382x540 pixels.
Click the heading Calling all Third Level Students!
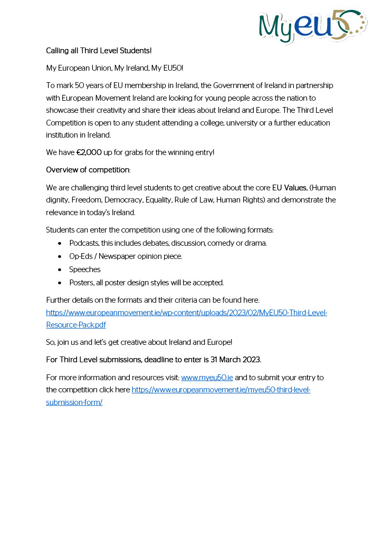point(99,51)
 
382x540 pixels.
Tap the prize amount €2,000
point(89,152)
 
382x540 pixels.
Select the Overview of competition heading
point(88,170)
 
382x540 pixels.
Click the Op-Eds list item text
point(126,256)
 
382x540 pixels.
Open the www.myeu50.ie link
point(207,378)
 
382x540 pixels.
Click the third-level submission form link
point(221,390)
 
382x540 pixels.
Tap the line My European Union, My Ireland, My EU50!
point(114,68)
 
